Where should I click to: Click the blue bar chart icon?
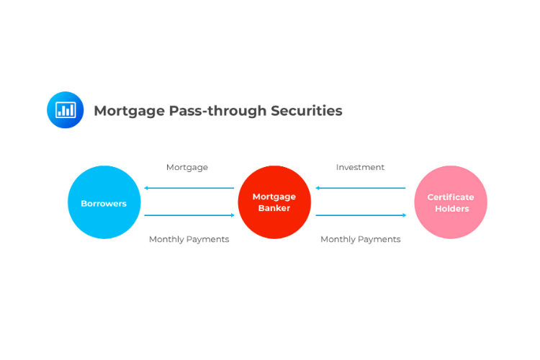pos(65,110)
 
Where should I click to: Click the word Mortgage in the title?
pos(129,112)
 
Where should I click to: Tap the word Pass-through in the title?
pos(217,111)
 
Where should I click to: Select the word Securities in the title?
pos(307,111)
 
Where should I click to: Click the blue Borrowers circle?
pos(104,202)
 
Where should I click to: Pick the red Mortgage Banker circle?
pos(274,202)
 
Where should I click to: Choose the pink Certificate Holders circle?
pos(451,202)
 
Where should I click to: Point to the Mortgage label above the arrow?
pos(187,168)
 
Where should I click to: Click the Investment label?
pos(360,167)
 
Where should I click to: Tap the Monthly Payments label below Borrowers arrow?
pos(189,240)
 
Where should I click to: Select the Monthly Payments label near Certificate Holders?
pos(361,240)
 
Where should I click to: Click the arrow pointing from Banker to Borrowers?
pos(189,188)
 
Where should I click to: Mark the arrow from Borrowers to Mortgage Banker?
pos(189,215)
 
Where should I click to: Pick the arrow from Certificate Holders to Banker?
pos(361,188)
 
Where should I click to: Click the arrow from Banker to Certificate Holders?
pos(361,215)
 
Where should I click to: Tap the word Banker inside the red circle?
pos(274,208)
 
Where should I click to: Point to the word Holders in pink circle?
pos(452,209)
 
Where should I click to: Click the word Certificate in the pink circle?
pos(451,197)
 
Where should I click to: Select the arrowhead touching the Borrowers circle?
pos(146,188)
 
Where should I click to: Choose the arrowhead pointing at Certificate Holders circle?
pos(405,215)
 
